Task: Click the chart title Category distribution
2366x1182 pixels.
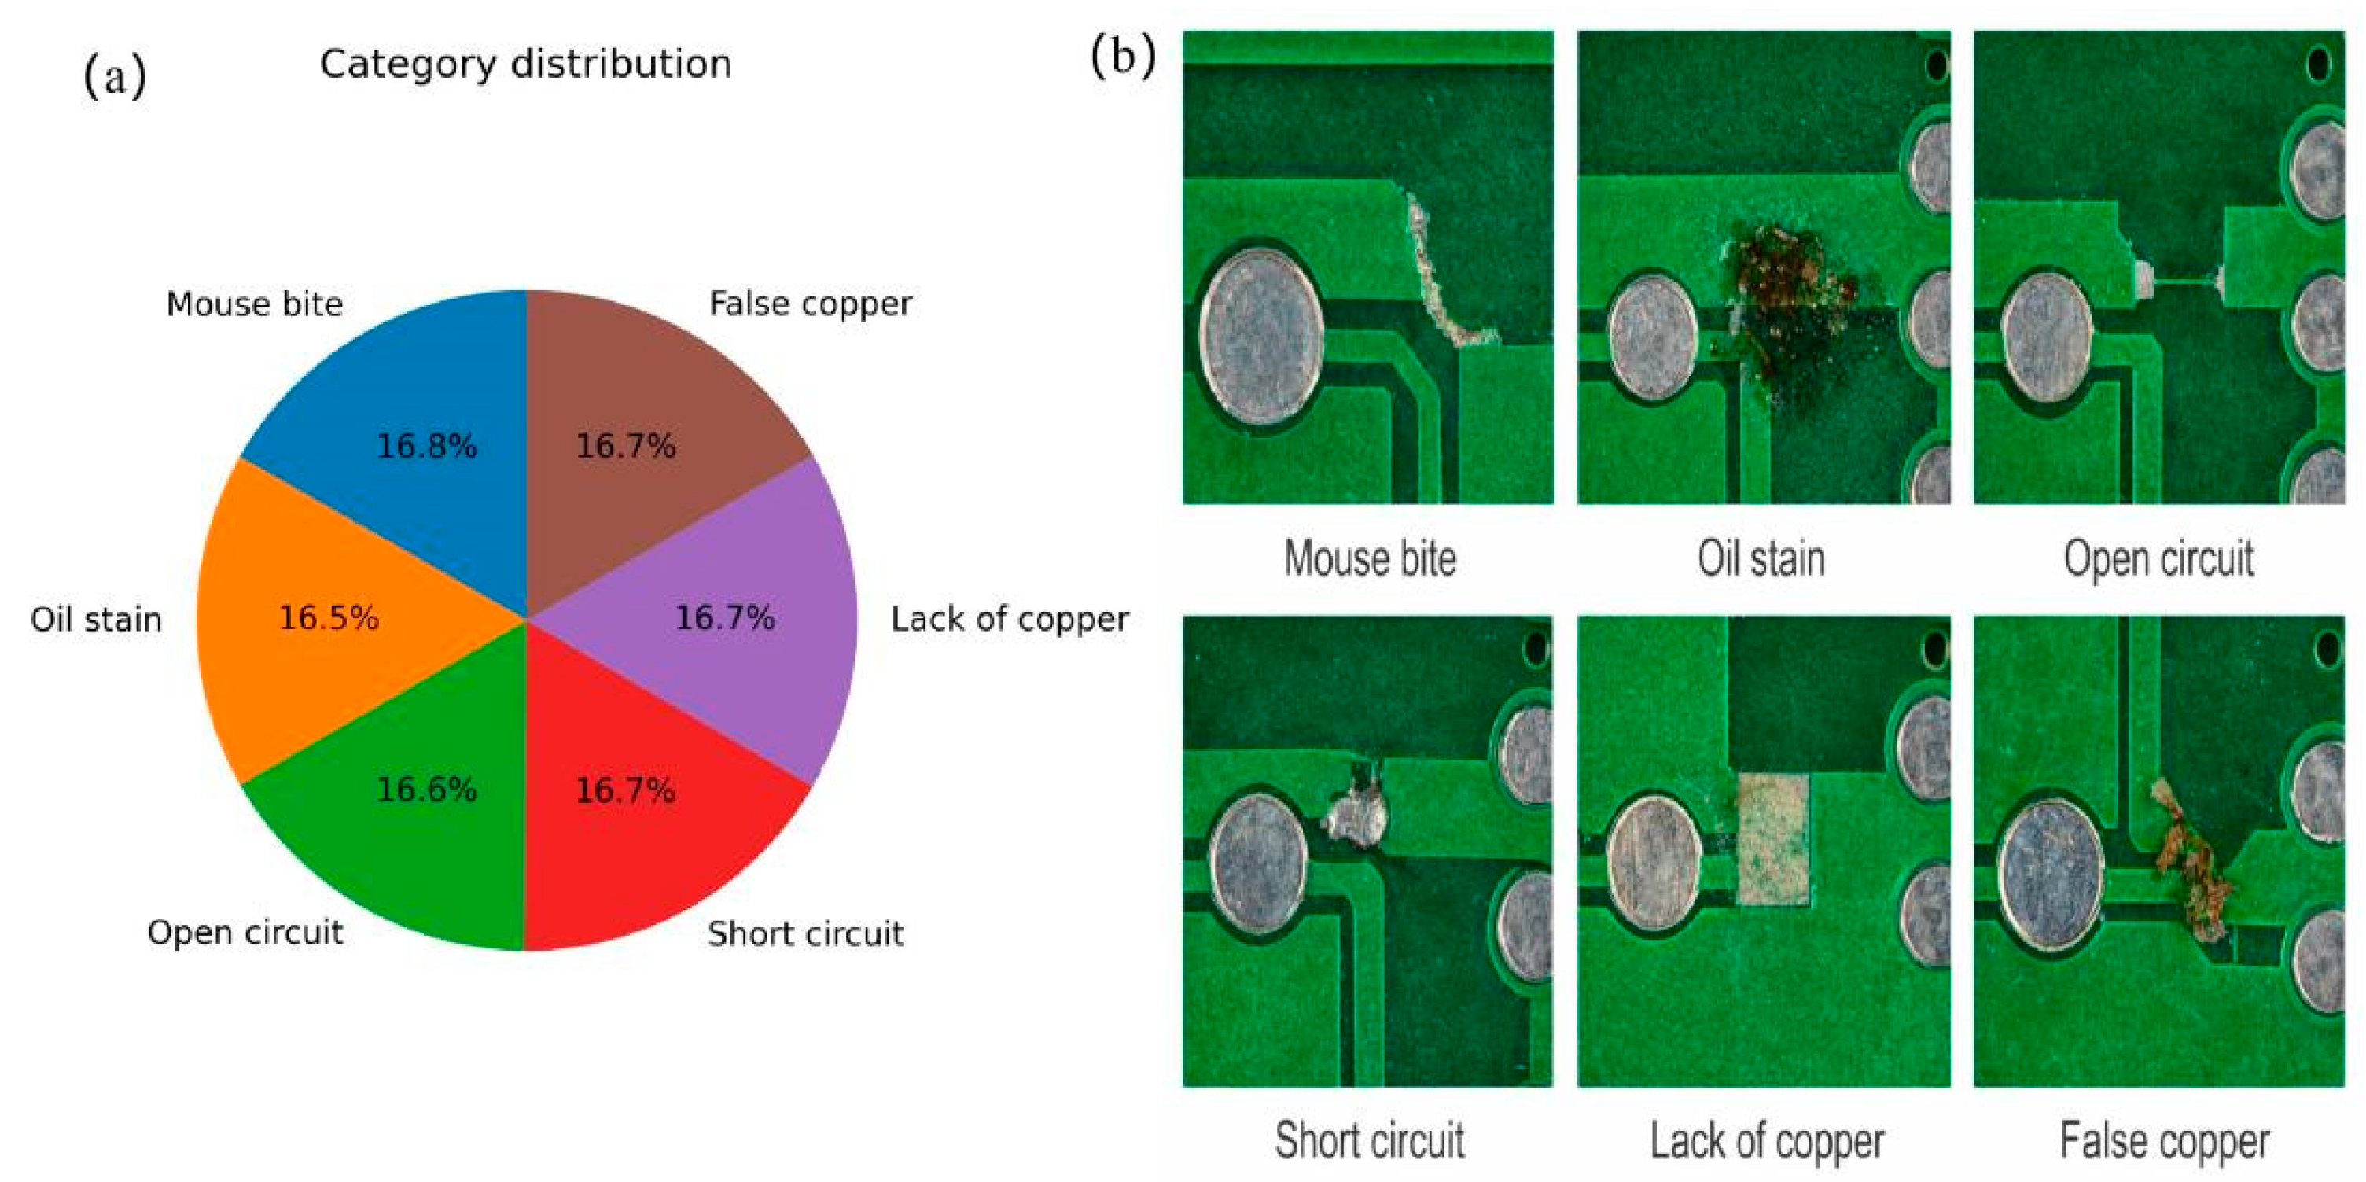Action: click(x=525, y=64)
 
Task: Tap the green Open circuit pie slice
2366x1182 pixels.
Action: click(x=414, y=845)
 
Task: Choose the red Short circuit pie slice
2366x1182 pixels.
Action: click(x=634, y=845)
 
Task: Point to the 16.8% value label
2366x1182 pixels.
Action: click(x=427, y=447)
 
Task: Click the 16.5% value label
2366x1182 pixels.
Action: click(x=329, y=618)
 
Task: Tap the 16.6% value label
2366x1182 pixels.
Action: click(x=427, y=790)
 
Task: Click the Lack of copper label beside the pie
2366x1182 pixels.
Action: click(x=1010, y=619)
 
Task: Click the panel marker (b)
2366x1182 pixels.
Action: click(x=1122, y=57)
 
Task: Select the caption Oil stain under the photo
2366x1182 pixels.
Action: click(x=1761, y=558)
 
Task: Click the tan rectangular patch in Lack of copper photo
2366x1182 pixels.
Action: click(x=1772, y=838)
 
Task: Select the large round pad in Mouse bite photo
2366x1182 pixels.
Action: click(x=1261, y=337)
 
